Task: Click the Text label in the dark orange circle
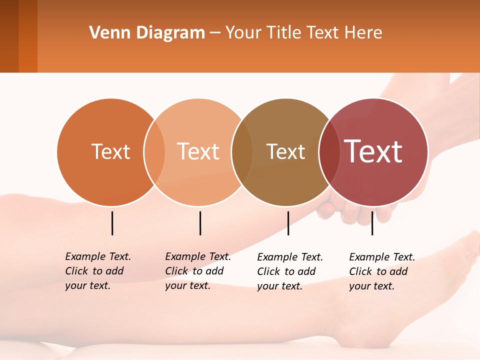click(x=110, y=151)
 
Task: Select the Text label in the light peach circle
click(x=198, y=151)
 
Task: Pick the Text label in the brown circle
click(x=285, y=151)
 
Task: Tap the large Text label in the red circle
click(x=373, y=151)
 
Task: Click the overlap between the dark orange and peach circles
click(x=154, y=152)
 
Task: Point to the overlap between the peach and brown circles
click(x=242, y=152)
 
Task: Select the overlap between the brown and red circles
click(x=329, y=152)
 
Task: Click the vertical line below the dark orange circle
click(x=112, y=223)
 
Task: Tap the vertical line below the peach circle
click(x=200, y=223)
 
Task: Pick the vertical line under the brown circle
click(x=288, y=223)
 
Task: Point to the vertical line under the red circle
click(x=372, y=223)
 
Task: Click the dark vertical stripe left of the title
click(x=9, y=36)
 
